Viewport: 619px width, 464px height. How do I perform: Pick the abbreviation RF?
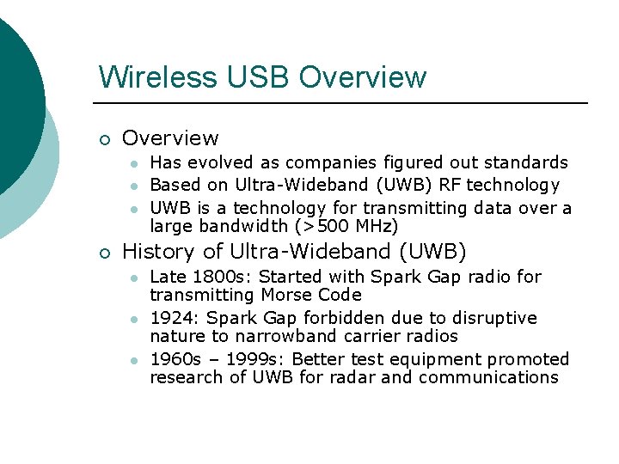pos(449,185)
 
